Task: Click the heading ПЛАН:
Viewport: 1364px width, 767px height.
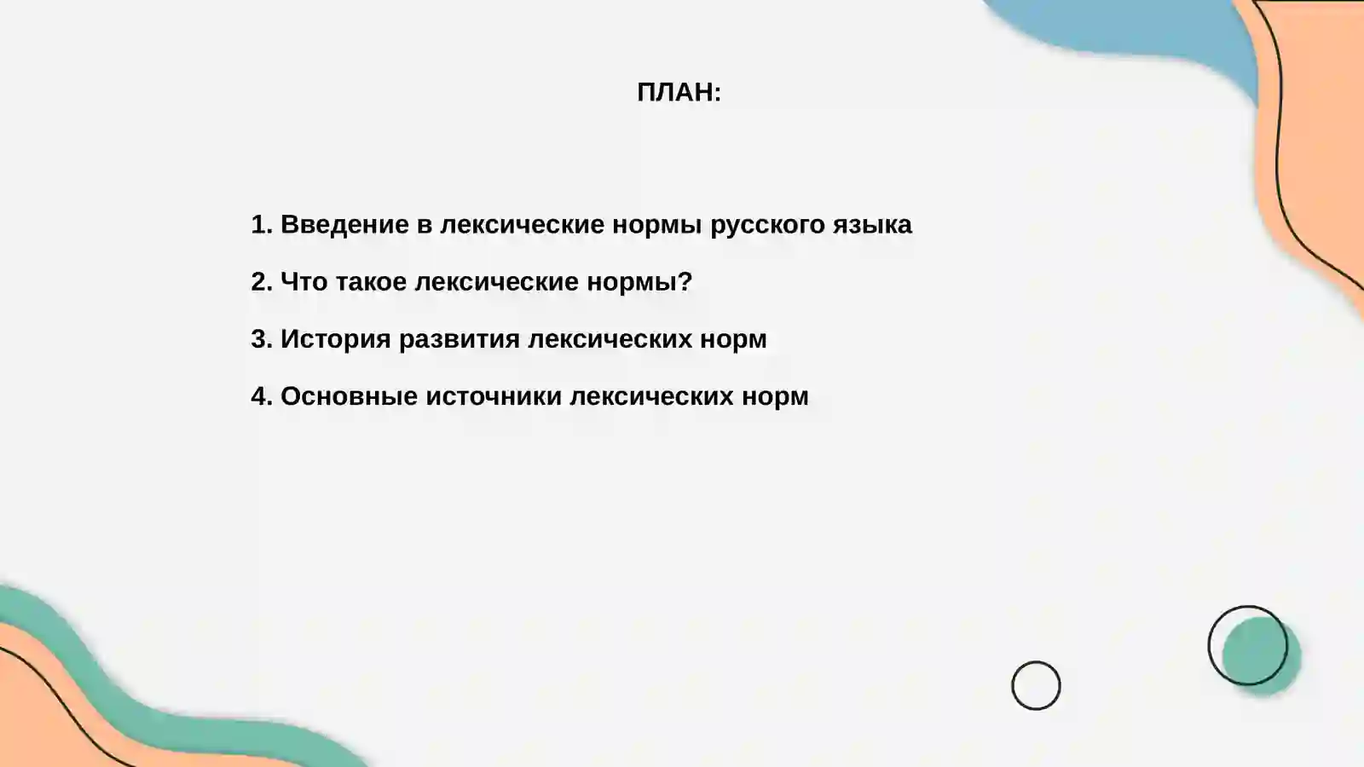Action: coord(679,92)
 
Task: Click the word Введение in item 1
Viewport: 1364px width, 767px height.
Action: coord(344,224)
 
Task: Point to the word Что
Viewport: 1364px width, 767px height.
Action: coord(303,281)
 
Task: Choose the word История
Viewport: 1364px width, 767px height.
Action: coord(335,338)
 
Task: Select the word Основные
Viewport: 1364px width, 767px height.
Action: coord(349,395)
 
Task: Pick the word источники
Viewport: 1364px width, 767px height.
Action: coord(494,395)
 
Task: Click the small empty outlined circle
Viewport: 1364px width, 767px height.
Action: coord(1036,685)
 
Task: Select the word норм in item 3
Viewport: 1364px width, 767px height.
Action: coord(733,338)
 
